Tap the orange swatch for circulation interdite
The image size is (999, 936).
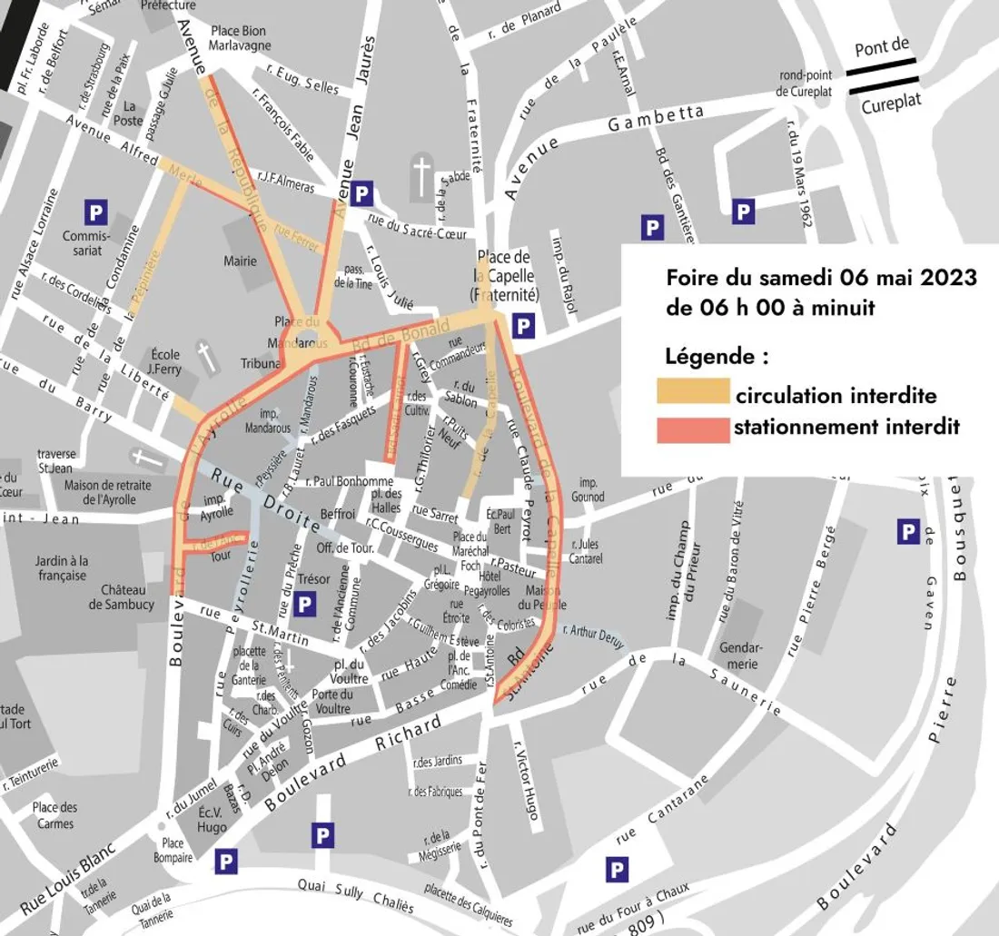[694, 391]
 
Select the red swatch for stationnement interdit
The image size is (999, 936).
[694, 428]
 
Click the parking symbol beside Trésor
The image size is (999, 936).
[306, 602]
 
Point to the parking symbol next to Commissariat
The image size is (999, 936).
[95, 212]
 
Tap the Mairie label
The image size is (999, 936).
[240, 261]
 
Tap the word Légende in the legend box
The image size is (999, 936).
[717, 357]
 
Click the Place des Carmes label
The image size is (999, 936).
[55, 815]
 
